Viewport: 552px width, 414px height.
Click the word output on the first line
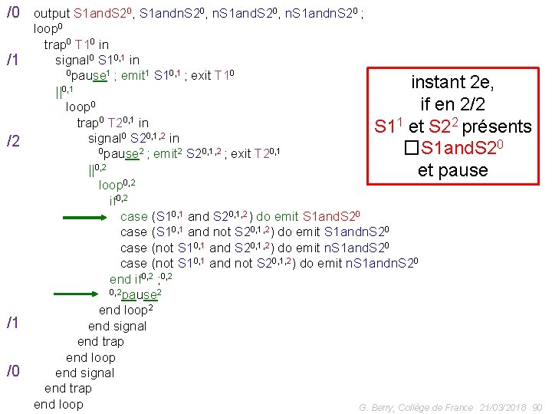coord(52,14)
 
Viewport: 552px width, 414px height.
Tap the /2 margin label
coord(13,141)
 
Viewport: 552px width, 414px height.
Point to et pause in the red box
coord(452,170)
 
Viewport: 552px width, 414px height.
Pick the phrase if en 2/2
coord(452,104)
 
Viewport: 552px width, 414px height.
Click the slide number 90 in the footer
coord(537,408)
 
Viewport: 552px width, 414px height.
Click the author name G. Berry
coord(376,408)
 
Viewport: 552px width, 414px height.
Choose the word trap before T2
coord(90,123)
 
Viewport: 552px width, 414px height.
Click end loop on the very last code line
coord(58,404)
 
